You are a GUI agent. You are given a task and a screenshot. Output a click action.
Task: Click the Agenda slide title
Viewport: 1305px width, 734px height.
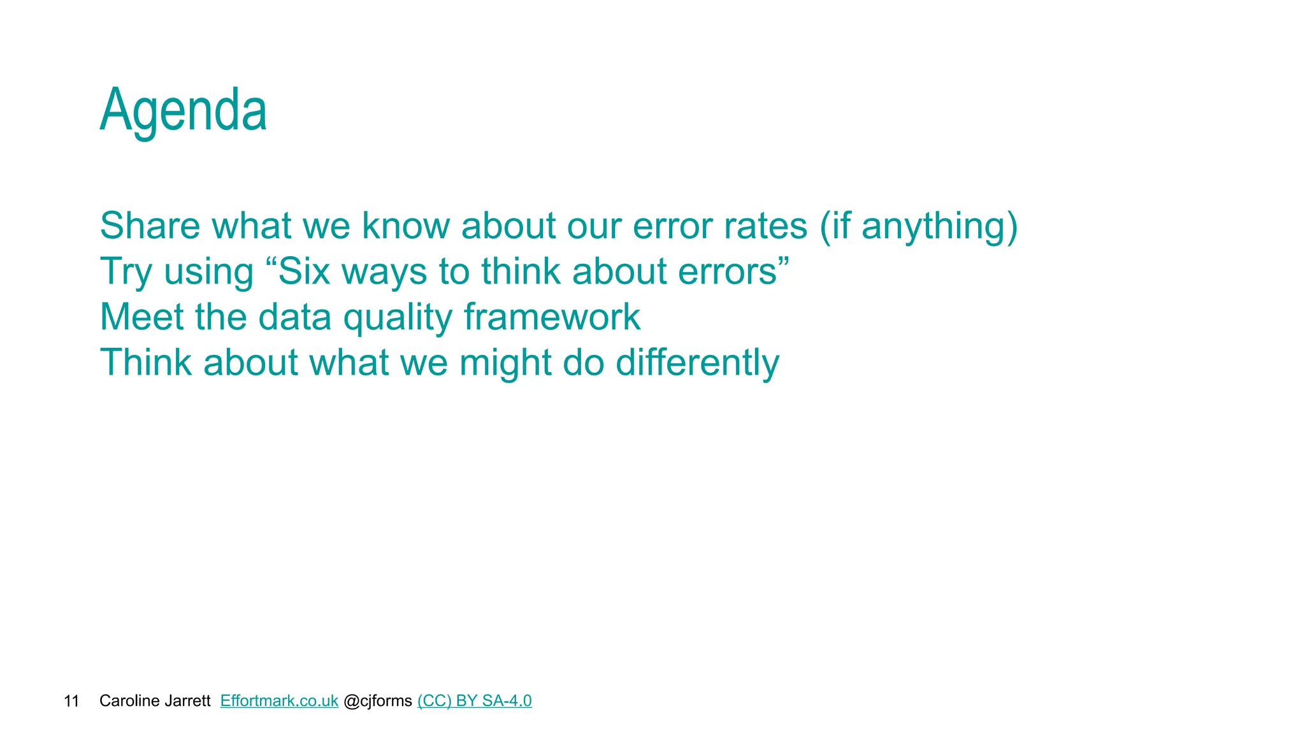tap(184, 111)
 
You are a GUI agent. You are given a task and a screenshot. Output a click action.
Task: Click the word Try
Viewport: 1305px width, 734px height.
tap(126, 272)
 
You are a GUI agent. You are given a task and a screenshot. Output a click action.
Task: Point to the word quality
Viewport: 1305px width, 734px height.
tap(398, 318)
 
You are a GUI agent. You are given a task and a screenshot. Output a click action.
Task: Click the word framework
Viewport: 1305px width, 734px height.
tap(552, 317)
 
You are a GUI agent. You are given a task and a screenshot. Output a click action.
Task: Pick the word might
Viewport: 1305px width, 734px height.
tap(505, 363)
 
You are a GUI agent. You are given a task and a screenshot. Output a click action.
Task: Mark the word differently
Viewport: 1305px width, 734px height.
tap(697, 363)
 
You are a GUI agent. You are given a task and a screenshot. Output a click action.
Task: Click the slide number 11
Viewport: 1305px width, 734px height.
tap(71, 702)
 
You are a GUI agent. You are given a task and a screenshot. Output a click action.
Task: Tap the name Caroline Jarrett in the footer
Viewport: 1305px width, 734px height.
tap(155, 701)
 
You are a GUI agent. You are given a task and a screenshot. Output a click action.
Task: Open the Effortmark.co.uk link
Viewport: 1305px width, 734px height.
tap(279, 701)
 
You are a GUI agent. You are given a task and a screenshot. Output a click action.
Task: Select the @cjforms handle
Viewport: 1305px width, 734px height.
tap(378, 701)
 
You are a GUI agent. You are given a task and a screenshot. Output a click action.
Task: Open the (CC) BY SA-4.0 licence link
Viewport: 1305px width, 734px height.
tap(474, 701)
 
